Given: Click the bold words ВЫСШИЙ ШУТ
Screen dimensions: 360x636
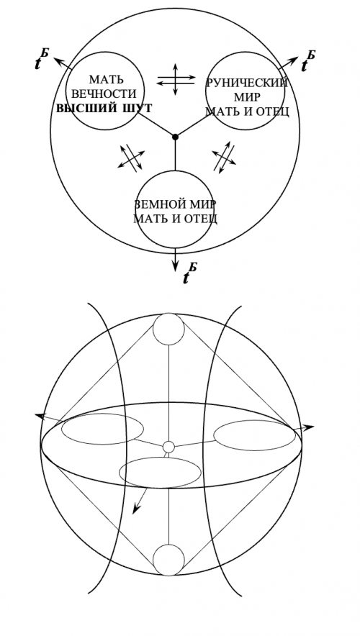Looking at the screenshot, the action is click(104, 109).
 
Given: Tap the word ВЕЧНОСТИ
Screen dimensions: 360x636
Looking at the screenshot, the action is click(104, 94).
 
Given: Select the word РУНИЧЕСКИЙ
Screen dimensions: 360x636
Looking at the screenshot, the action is click(247, 83).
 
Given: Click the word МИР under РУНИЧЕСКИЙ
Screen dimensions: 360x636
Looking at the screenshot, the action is click(247, 97).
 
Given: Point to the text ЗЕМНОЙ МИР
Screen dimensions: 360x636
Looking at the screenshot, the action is click(175, 204).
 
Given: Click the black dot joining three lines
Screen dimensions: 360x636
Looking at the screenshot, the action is click(176, 137).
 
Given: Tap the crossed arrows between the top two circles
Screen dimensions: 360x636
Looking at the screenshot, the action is click(176, 79).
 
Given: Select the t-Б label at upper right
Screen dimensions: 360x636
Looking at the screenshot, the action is click(308, 61).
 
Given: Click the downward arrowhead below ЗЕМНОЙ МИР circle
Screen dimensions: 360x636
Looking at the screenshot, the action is click(176, 266).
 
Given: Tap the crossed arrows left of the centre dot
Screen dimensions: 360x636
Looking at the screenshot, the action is click(132, 158).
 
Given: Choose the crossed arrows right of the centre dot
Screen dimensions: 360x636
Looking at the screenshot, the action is click(225, 158).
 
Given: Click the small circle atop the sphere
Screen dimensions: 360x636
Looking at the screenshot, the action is click(168, 329).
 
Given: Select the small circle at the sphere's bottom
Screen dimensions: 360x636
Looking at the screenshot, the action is click(168, 560).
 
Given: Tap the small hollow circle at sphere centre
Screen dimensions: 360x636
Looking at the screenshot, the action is click(168, 447).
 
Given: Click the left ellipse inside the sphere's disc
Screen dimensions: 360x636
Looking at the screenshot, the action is click(102, 414).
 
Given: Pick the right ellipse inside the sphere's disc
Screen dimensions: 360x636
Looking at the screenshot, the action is click(254, 420).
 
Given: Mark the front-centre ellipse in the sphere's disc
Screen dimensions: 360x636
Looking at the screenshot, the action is click(160, 458).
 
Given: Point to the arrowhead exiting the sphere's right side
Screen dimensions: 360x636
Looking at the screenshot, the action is click(310, 427).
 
